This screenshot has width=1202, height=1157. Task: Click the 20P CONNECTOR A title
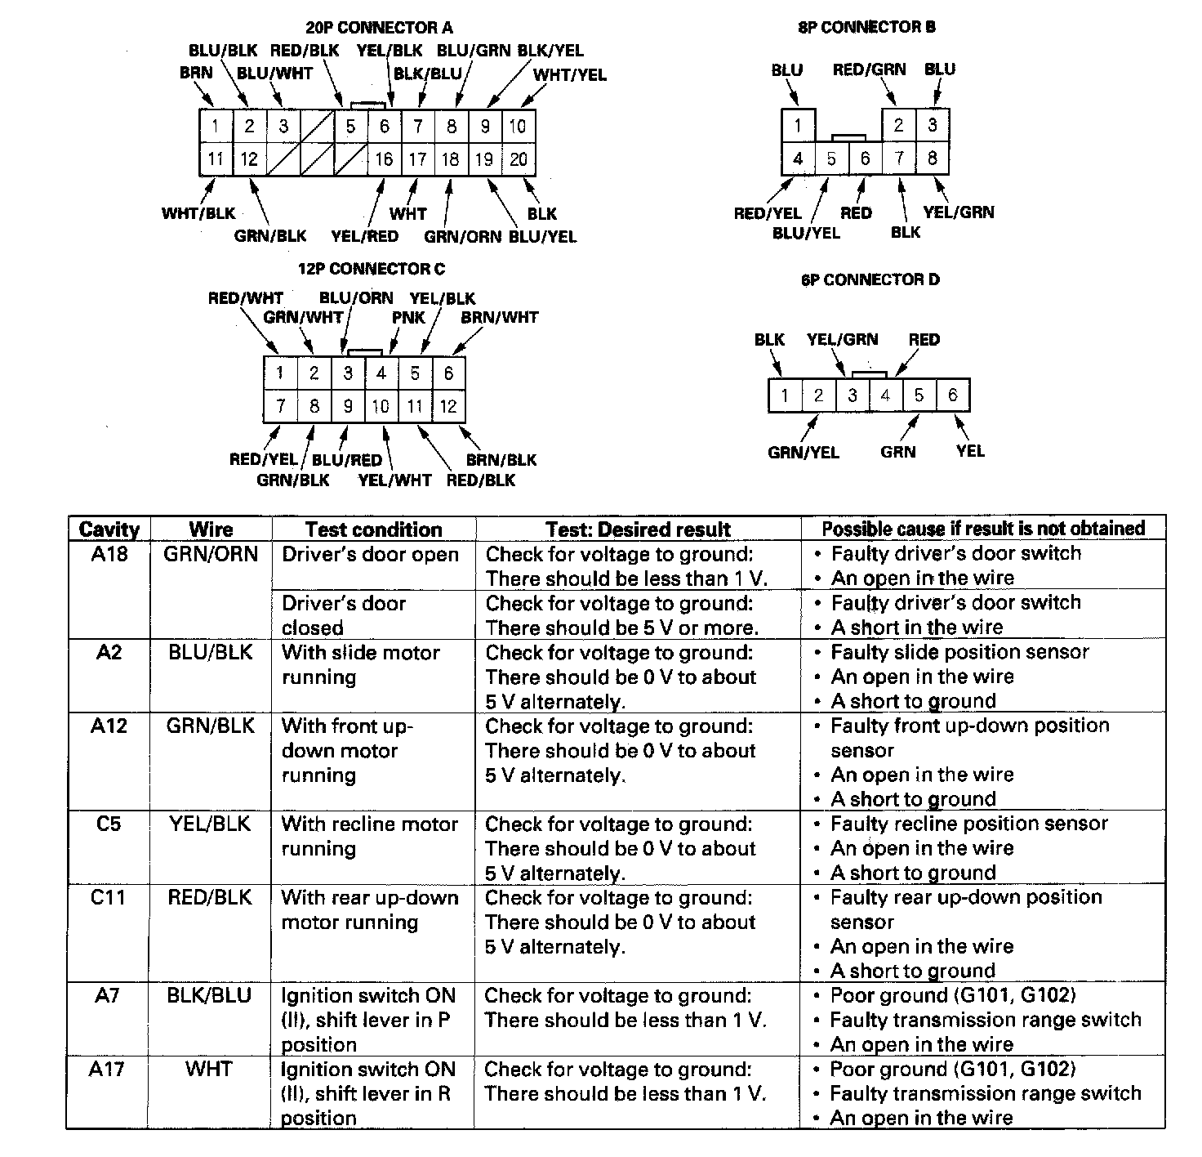(x=378, y=28)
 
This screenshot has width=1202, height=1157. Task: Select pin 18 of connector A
(x=450, y=159)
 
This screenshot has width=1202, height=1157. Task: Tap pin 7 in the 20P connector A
(x=417, y=127)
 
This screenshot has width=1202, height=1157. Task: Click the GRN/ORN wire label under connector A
(x=462, y=236)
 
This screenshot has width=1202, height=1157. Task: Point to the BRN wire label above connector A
(x=196, y=73)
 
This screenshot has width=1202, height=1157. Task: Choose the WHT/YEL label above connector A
(x=570, y=75)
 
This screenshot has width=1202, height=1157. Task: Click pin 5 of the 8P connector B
(x=831, y=159)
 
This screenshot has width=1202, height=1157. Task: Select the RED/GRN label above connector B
(x=869, y=69)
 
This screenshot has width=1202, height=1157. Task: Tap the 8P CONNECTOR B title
(x=866, y=28)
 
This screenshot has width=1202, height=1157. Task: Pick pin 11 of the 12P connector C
(x=415, y=406)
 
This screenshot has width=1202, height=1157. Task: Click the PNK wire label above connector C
(x=408, y=317)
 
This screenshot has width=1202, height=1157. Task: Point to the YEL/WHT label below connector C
(x=394, y=480)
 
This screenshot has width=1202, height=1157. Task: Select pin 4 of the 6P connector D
(x=885, y=396)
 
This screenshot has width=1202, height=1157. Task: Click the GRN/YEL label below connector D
(x=803, y=452)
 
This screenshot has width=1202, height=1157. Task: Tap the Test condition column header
(x=373, y=529)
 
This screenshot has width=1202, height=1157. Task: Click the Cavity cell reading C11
(x=108, y=897)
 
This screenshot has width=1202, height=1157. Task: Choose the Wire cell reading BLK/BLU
(x=210, y=995)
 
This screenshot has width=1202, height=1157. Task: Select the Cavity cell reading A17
(x=107, y=1069)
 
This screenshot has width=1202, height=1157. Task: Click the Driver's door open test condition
(x=370, y=554)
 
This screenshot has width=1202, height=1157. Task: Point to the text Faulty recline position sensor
(x=968, y=824)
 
